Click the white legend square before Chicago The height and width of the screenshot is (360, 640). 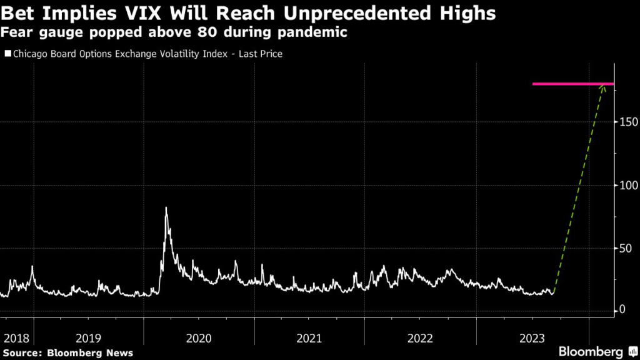pyautogui.click(x=7, y=54)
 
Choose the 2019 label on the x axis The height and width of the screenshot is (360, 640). pyautogui.click(x=89, y=339)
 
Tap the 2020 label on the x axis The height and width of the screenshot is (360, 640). pyautogui.click(x=199, y=339)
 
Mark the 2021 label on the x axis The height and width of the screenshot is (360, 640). pyautogui.click(x=310, y=339)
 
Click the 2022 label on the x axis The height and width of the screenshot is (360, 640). pyautogui.click(x=421, y=339)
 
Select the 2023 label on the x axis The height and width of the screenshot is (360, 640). pyautogui.click(x=531, y=339)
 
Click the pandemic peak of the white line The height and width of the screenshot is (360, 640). pyautogui.click(x=166, y=208)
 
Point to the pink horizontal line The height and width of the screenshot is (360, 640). pyautogui.click(x=572, y=84)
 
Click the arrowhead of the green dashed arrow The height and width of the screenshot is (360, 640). pyautogui.click(x=603, y=87)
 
